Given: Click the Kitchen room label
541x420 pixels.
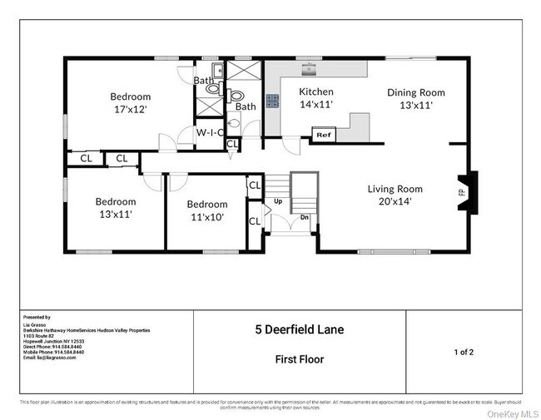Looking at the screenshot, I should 316,91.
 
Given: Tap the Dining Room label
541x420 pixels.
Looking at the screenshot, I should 416,92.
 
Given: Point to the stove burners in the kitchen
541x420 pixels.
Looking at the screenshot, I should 272,101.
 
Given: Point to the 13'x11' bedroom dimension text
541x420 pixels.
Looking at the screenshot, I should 115,214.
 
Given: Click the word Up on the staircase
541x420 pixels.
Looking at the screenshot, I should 278,201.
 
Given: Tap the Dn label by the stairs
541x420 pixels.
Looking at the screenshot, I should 305,217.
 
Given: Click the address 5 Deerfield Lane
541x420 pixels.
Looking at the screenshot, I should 299,330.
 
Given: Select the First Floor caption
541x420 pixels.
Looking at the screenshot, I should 299,360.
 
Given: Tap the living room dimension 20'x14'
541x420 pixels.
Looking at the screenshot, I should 401,201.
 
